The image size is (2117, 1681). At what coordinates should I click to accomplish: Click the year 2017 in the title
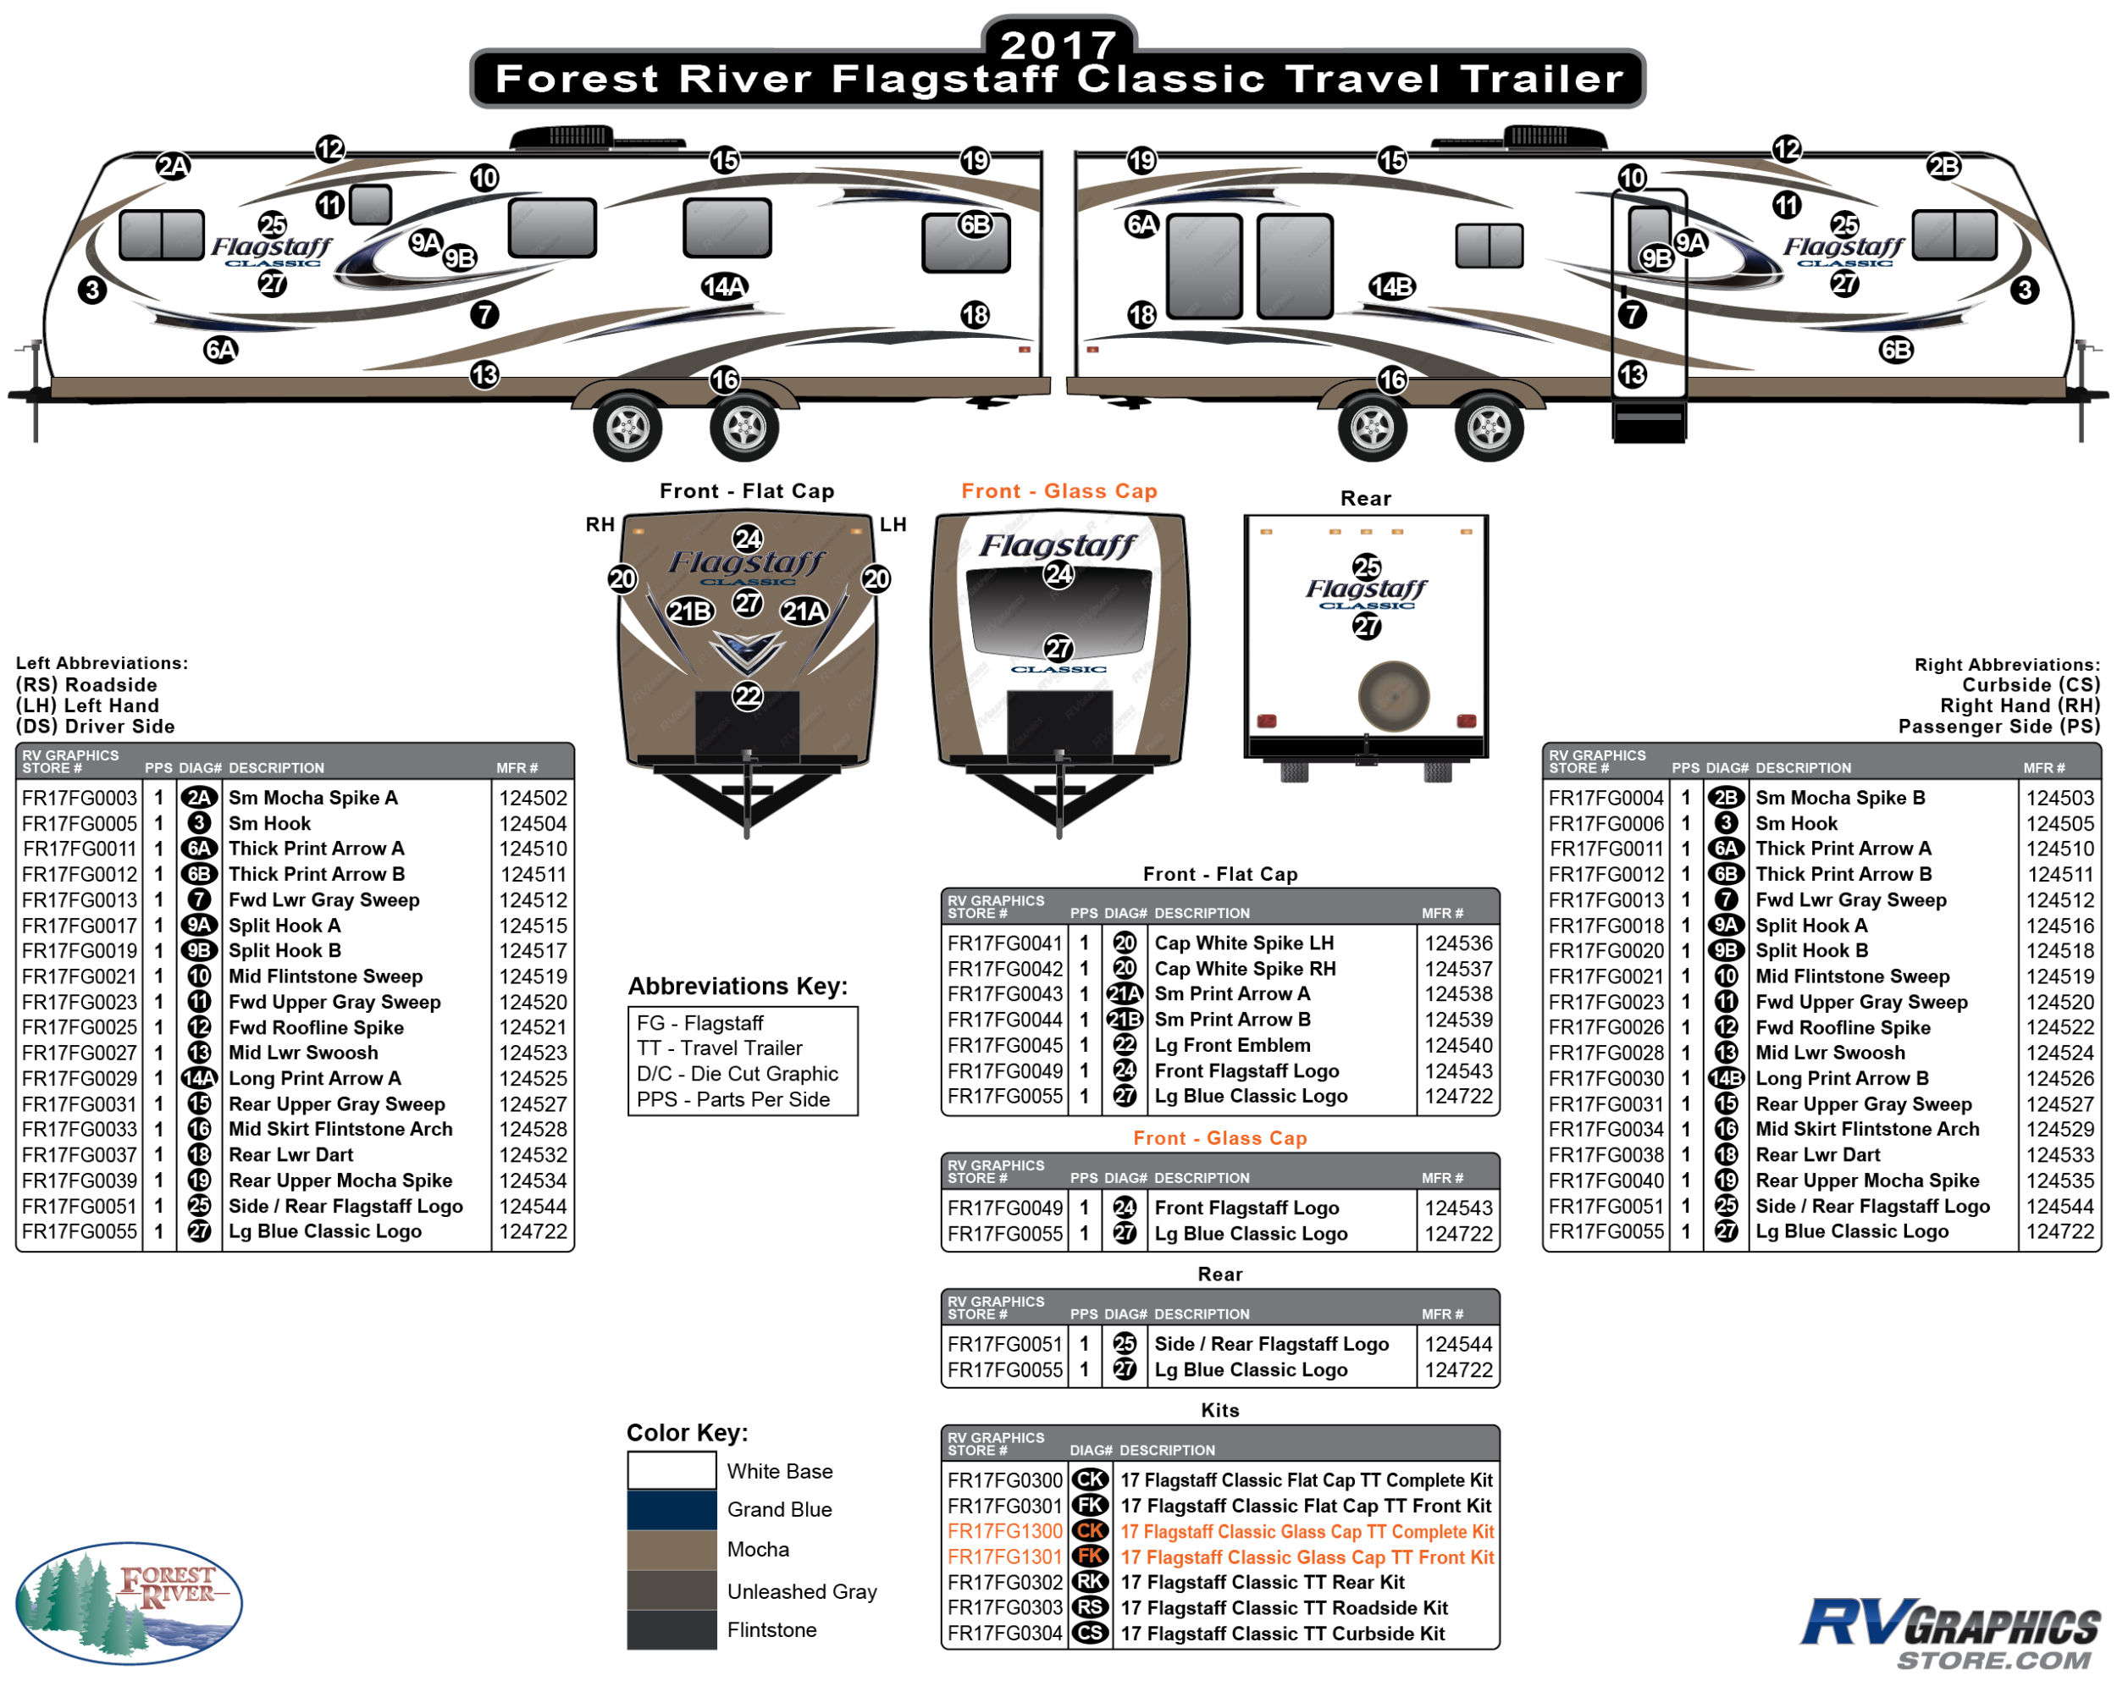(x=1058, y=43)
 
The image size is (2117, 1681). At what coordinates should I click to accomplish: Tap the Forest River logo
(x=129, y=1601)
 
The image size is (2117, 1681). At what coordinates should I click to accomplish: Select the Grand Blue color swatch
(x=672, y=1509)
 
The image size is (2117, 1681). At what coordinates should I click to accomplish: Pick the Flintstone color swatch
(x=672, y=1630)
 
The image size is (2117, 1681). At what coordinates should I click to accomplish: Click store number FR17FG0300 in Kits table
(x=1004, y=1479)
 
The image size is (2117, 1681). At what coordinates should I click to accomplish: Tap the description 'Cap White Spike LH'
(x=1244, y=943)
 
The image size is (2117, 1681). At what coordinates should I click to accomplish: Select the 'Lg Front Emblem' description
(x=1232, y=1045)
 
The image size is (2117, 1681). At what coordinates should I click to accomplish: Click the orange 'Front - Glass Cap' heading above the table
(x=1219, y=1138)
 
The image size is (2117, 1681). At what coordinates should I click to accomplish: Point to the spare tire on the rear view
(x=1393, y=696)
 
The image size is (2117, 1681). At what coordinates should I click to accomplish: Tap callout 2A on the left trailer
(x=174, y=166)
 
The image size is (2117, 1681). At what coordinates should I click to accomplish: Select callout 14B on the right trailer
(x=1392, y=287)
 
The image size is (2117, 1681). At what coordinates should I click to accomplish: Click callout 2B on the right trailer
(x=1944, y=166)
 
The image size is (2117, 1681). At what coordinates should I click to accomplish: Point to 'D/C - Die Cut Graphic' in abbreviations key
(x=738, y=1073)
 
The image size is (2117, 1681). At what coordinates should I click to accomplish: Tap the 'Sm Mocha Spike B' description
(x=1840, y=797)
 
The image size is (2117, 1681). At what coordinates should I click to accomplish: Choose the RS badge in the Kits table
(x=1090, y=1607)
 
